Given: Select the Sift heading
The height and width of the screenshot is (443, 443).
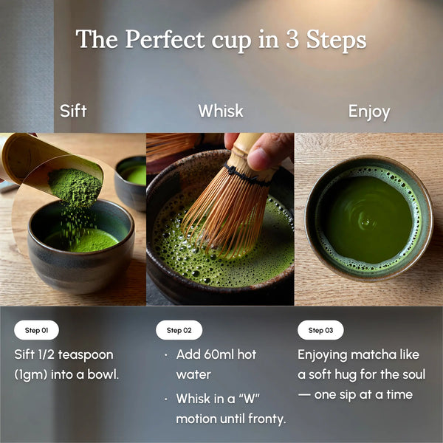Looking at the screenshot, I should [x=73, y=111].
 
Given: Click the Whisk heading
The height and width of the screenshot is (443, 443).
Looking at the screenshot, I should [x=220, y=111].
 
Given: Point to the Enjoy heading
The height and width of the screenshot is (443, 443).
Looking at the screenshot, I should [x=368, y=112].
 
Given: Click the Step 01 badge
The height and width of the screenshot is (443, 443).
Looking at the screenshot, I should [x=37, y=330].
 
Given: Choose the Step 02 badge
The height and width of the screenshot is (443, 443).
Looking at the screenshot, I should [x=179, y=330].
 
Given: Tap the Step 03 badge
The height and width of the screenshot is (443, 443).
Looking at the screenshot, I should [x=320, y=330].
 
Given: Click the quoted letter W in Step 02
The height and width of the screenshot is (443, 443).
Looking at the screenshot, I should [x=250, y=399].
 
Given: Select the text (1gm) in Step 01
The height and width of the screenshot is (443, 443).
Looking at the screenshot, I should [x=31, y=374].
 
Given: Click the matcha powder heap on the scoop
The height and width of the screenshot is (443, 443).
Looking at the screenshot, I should [x=74, y=185].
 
